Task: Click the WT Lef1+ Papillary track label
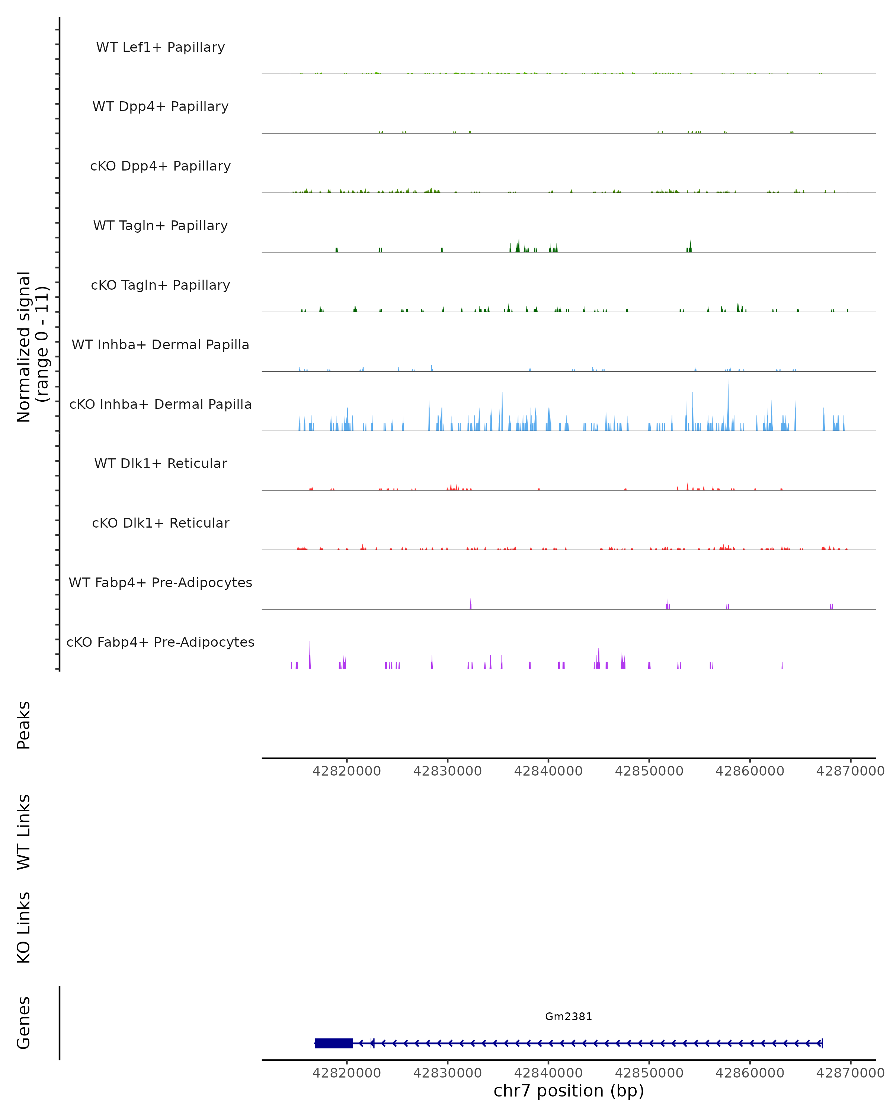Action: pos(160,47)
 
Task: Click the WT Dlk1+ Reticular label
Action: pos(160,463)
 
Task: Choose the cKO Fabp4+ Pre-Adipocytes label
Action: pos(160,642)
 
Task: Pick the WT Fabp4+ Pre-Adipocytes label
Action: pos(160,582)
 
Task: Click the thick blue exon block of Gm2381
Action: pos(334,1043)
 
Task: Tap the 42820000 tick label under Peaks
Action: pos(346,771)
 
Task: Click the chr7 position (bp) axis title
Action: pos(569,1091)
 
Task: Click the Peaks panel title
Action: pos(24,725)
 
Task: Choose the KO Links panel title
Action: pos(24,927)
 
